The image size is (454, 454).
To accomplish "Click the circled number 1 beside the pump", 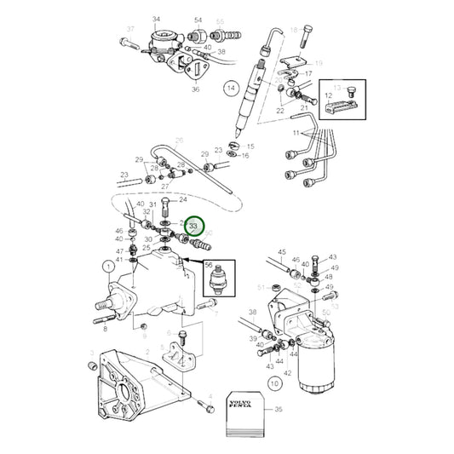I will click(107, 267).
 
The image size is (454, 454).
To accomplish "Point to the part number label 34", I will click(156, 19).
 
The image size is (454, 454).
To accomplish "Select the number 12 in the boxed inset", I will click(327, 97).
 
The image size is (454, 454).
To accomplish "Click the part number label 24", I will click(182, 200).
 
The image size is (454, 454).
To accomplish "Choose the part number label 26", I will click(180, 141).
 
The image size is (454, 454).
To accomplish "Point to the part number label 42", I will click(287, 374).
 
